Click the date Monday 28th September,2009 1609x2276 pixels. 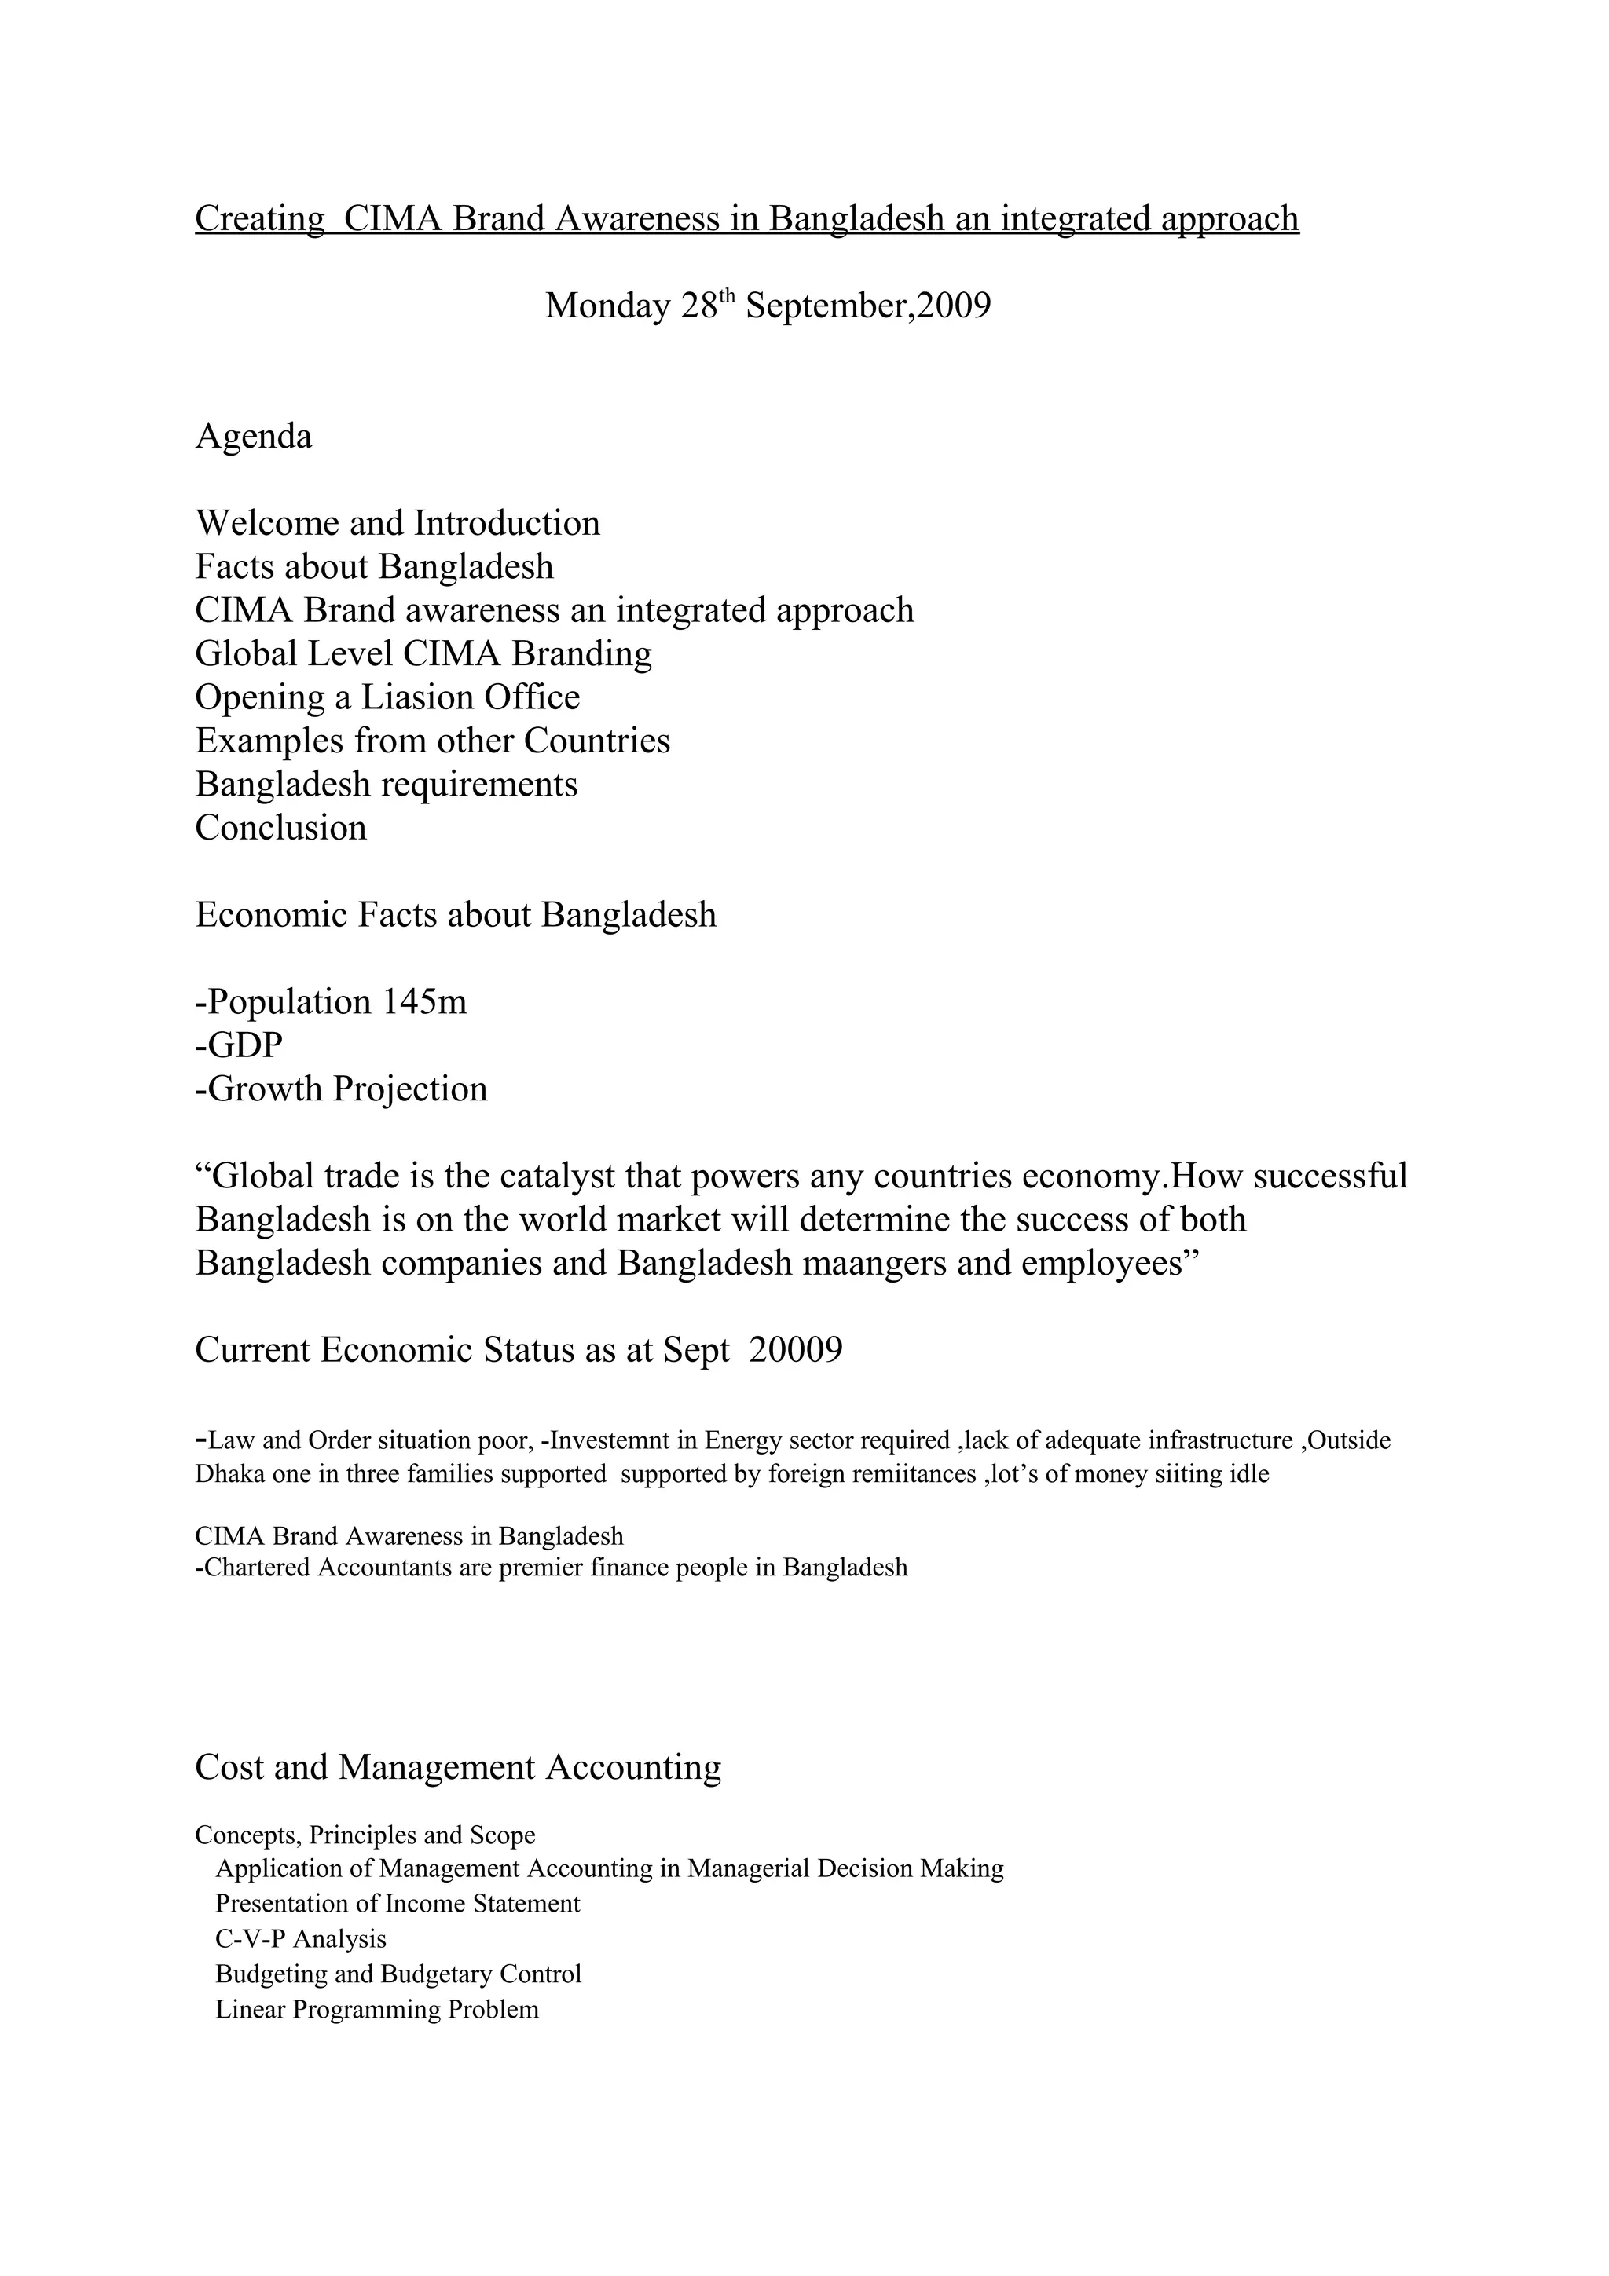[768, 306]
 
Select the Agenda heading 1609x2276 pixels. [253, 436]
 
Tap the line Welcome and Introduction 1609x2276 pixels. [397, 523]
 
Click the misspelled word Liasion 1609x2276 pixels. [416, 697]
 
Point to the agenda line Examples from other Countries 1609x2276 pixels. [432, 741]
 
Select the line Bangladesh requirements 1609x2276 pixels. [386, 784]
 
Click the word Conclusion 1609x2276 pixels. [280, 828]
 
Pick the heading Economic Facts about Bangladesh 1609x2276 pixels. [455, 915]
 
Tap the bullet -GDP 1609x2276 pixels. [239, 1045]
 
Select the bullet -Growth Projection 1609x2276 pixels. [341, 1089]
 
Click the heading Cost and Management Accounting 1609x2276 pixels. [457, 1767]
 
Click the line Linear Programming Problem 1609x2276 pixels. [377, 2008]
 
